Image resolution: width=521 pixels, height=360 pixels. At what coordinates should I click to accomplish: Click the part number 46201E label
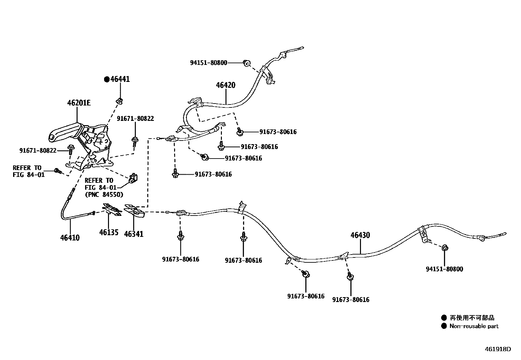pos(79,103)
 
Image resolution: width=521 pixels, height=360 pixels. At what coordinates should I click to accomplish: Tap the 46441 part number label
pos(120,79)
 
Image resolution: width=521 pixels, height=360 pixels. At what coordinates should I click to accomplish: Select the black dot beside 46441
pos(106,79)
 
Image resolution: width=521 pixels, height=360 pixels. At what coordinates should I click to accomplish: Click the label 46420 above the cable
pos(225,85)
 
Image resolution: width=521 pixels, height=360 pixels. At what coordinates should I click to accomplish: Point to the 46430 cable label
pos(360,235)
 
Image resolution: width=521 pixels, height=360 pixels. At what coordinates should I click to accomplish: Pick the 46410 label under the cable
pos(70,238)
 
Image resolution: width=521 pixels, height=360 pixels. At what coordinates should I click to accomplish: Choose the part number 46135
pos(109,233)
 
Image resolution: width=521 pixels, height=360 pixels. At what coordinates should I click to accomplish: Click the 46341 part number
pos(134,234)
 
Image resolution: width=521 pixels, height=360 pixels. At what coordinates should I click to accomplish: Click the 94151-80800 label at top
pos(208,63)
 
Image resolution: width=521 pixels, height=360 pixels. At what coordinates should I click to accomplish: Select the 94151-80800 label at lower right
pos(444,269)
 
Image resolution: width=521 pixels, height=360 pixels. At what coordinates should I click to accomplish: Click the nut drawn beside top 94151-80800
pos(247,63)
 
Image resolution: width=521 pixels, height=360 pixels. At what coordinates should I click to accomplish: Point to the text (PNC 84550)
pos(104,195)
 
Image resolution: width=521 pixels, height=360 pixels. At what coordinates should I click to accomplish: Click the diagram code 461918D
pos(497,349)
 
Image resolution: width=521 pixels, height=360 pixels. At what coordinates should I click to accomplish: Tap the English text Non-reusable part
pos(474,326)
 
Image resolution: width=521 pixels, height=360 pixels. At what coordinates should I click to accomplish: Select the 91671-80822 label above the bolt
pos(135,119)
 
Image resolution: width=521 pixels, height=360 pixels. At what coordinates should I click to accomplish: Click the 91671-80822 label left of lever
pos(38,151)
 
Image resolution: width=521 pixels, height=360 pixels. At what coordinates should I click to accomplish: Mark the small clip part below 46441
pos(120,100)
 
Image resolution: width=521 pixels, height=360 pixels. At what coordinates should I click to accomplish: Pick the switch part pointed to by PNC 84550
pos(133,178)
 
